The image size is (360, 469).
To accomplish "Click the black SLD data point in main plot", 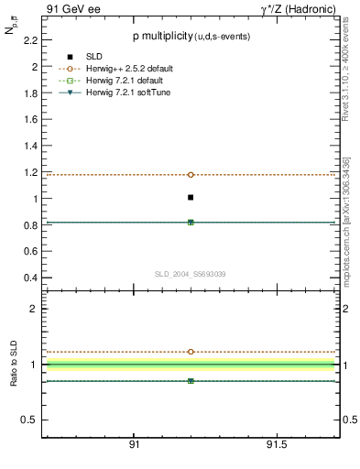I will [x=191, y=197].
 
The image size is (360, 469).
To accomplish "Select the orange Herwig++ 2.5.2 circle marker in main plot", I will [x=191, y=174].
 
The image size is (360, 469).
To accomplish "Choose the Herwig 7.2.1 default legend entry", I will [x=127, y=82].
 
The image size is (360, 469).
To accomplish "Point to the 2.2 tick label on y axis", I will [x=30, y=40].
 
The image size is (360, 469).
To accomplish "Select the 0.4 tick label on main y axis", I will [x=30, y=278].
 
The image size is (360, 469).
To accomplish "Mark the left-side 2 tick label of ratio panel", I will [x=34, y=309].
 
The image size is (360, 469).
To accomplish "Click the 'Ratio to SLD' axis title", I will [x=14, y=364].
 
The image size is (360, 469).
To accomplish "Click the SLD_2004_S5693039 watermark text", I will [x=191, y=274].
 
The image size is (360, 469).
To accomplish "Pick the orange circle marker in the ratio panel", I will [x=191, y=352].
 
